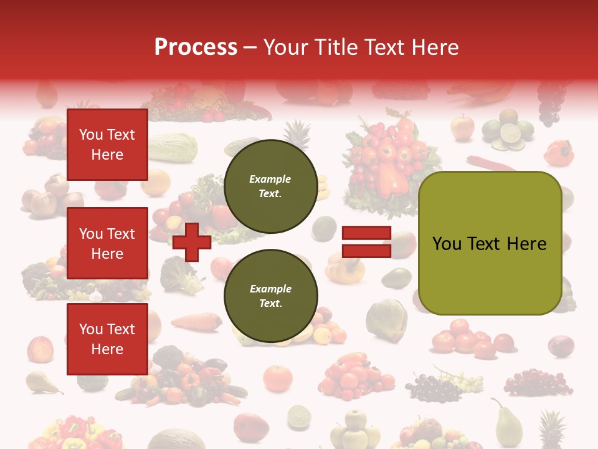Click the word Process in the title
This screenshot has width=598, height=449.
(x=196, y=47)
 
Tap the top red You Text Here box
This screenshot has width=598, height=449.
(x=107, y=145)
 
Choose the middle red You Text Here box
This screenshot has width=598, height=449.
(x=107, y=243)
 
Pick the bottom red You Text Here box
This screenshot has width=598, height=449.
(x=107, y=339)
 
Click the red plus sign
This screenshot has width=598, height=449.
(x=191, y=242)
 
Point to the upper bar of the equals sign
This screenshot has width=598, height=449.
(x=366, y=233)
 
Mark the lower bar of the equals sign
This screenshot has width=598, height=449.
(x=366, y=251)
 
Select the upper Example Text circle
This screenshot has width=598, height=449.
(x=270, y=186)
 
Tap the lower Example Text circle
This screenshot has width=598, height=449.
(x=270, y=296)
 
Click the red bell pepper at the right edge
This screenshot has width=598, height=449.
(x=559, y=153)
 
